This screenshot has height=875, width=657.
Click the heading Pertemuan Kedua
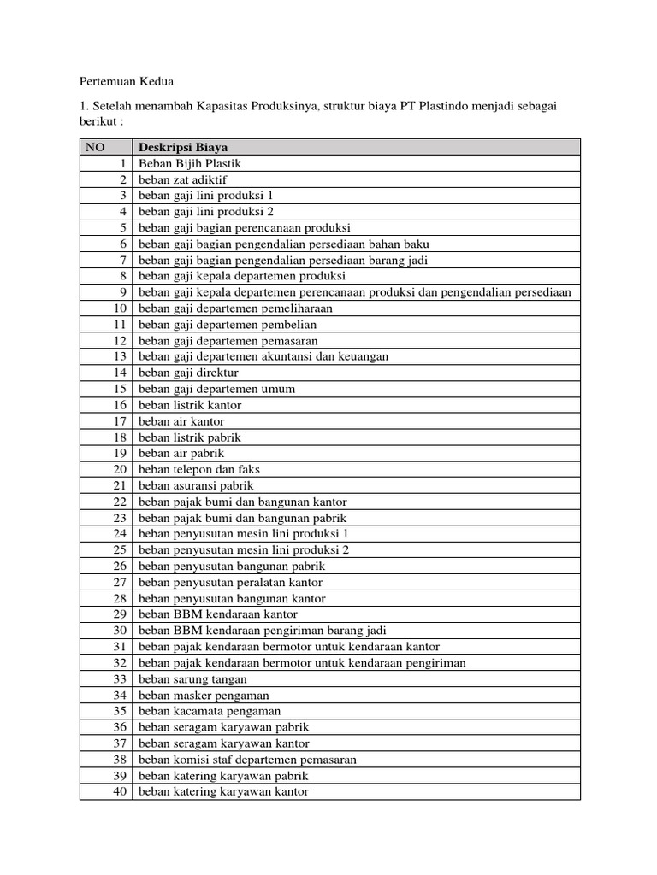click(126, 82)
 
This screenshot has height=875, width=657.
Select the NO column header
click(94, 147)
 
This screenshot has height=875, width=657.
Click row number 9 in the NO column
click(122, 292)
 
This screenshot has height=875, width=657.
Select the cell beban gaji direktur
click(188, 373)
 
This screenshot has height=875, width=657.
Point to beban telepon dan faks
click(198, 469)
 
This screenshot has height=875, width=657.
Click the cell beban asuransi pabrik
click(196, 485)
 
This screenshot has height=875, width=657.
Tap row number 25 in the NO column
click(120, 550)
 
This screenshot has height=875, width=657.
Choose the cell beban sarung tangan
click(192, 678)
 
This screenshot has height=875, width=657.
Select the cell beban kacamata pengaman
click(209, 711)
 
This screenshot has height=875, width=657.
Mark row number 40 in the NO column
click(120, 791)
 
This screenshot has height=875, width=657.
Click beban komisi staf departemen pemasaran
click(247, 760)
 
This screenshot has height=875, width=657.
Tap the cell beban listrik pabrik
click(190, 437)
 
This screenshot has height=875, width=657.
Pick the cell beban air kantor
click(181, 421)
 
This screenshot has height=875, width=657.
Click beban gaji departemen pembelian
click(227, 325)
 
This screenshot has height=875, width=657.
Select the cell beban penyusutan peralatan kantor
click(230, 582)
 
